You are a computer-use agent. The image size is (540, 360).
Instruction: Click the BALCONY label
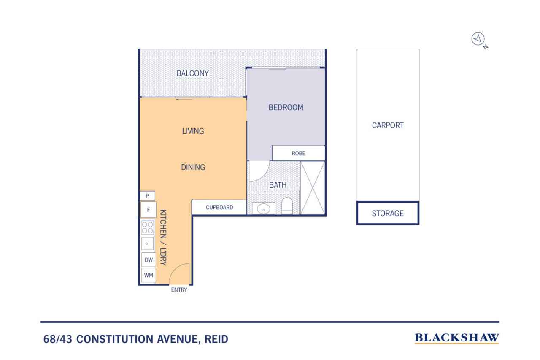point(192,73)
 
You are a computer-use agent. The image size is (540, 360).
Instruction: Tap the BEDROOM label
point(286,107)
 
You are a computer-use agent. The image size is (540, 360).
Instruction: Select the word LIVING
point(193,131)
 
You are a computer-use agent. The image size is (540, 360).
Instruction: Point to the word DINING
point(193,167)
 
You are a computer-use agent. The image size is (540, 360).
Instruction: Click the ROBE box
point(298,153)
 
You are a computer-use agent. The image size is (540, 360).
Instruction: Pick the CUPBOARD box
point(219,207)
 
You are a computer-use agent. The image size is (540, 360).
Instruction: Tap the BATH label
point(278,185)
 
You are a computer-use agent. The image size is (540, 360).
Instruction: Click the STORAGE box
point(387,213)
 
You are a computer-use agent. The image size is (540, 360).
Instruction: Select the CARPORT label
point(388,125)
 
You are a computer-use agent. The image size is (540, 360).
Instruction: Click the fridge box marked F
point(148,209)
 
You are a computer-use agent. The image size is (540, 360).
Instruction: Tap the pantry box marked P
point(147,195)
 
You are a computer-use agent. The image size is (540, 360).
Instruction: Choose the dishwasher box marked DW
point(148,260)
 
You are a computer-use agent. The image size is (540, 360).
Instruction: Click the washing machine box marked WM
point(148,276)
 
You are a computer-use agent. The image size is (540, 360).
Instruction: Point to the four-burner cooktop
point(148,228)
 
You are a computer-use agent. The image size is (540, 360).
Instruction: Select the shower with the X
point(313,187)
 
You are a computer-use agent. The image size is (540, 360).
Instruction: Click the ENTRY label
point(179,290)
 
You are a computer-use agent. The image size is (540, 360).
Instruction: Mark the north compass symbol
point(478,39)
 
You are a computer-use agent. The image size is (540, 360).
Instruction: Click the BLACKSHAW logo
point(457,338)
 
